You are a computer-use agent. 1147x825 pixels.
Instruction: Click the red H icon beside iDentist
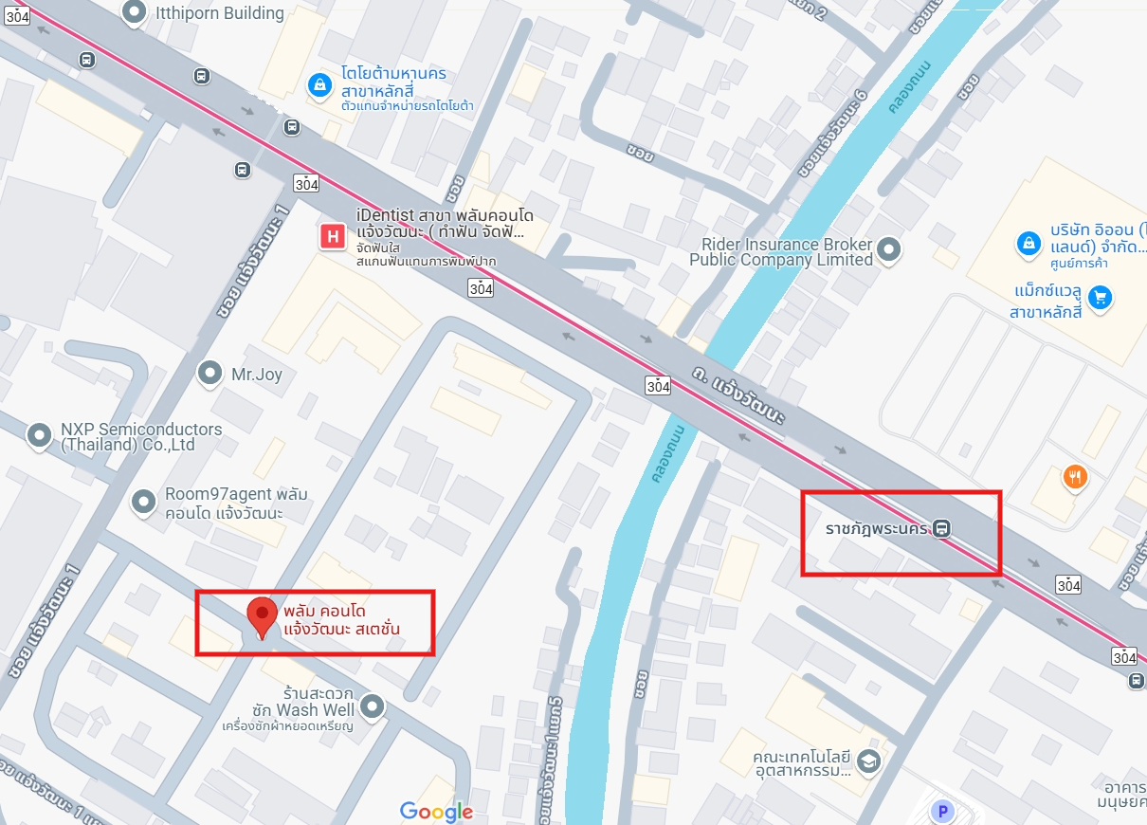(x=333, y=236)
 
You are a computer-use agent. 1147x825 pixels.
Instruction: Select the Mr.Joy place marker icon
(x=209, y=374)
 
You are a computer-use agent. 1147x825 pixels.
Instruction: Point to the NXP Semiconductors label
(x=141, y=436)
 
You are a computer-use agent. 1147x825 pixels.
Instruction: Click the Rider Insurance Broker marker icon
(x=888, y=250)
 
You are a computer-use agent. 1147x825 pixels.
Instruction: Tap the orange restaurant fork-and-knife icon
(x=1074, y=476)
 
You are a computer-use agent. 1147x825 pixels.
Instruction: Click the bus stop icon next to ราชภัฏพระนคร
(x=941, y=528)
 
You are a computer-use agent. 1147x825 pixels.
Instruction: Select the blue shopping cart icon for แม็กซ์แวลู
(x=1100, y=298)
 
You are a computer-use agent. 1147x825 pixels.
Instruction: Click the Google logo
(x=436, y=812)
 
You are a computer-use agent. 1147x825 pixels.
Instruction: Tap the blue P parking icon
(x=942, y=811)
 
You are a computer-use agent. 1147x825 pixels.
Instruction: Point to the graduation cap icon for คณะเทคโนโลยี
(x=867, y=761)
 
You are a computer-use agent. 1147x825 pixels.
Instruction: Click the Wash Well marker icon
(x=373, y=706)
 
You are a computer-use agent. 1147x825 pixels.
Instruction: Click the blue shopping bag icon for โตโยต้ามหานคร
(x=319, y=86)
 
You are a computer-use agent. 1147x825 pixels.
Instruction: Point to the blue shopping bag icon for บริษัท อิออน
(x=1027, y=244)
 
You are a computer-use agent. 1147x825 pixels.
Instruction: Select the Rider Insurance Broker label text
(x=781, y=252)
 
